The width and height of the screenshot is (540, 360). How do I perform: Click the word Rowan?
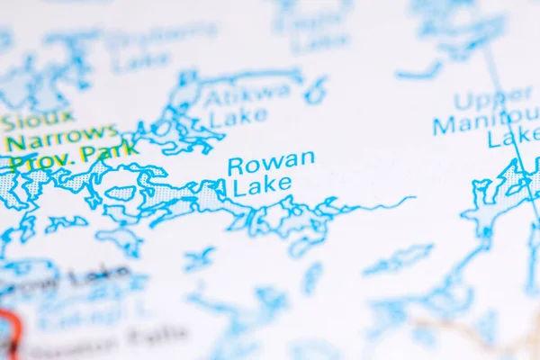click(271, 163)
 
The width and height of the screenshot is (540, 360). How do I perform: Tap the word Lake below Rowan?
click(262, 186)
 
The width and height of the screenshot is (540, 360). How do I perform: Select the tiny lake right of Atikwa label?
click(315, 90)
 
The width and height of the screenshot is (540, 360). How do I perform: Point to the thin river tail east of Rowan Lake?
click(387, 202)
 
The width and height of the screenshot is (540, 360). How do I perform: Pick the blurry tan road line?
click(468, 333)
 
